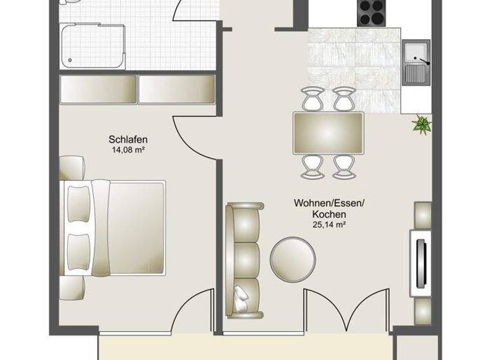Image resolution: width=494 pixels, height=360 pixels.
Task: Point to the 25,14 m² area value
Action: point(329,224)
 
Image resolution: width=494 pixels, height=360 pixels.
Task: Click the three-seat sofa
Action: point(243,258)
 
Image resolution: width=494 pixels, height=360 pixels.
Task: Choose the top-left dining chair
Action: point(313,98)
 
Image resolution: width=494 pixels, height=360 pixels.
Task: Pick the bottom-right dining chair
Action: point(345,166)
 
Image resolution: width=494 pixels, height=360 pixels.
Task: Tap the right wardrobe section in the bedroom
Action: point(176,89)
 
